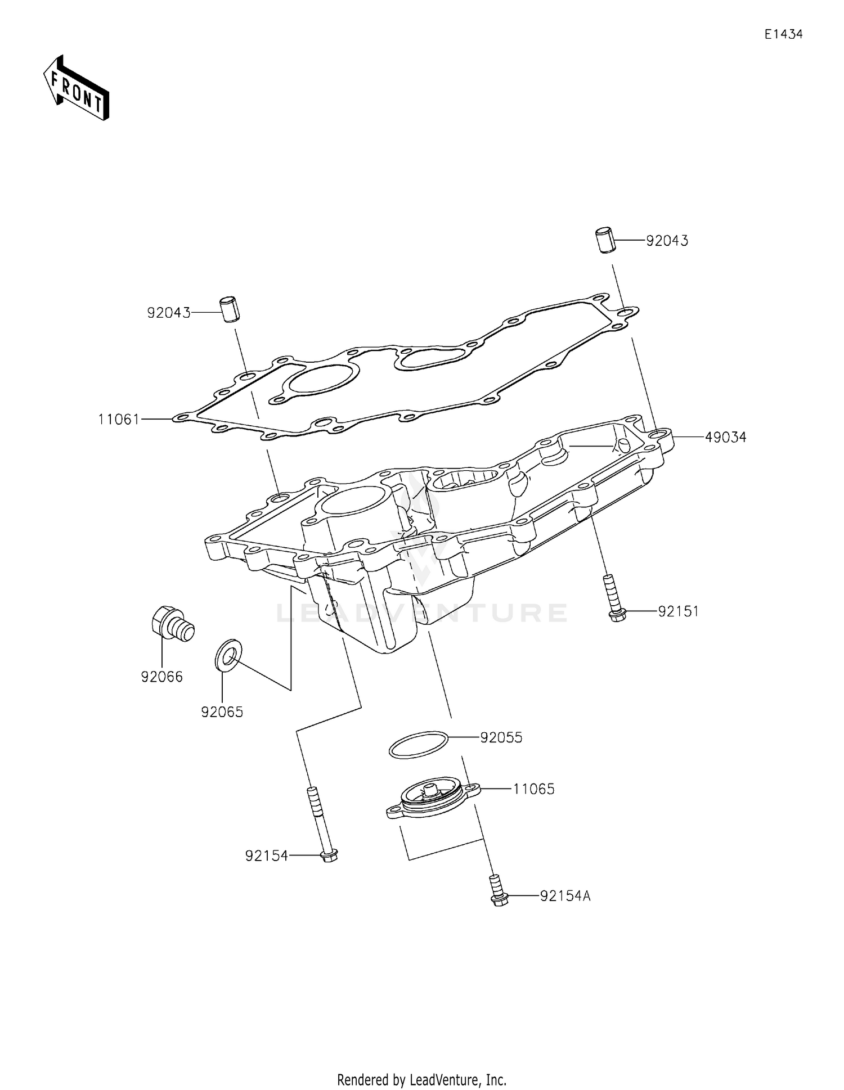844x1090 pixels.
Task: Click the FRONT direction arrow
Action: [x=76, y=88]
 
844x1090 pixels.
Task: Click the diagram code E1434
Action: [x=783, y=34]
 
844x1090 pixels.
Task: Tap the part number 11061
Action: [x=119, y=419]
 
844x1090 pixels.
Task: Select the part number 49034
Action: [x=726, y=437]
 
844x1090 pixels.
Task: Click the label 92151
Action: [x=678, y=611]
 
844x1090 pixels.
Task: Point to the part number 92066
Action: [x=162, y=677]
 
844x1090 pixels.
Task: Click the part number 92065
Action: [x=222, y=712]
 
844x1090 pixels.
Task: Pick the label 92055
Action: [x=501, y=737]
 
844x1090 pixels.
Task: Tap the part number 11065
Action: [x=533, y=789]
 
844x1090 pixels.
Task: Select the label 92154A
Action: [x=565, y=896]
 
